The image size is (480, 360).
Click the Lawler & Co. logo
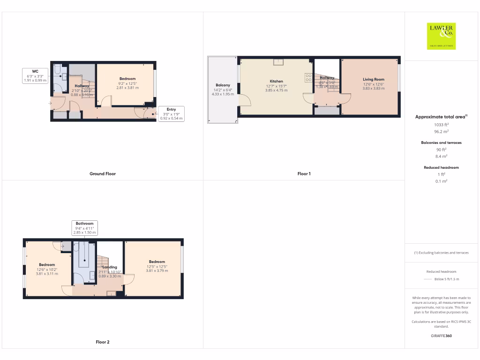[x=442, y=36]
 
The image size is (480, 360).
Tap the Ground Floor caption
[x=102, y=174]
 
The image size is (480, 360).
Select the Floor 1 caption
[x=304, y=174]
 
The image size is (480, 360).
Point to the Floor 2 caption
[x=102, y=342]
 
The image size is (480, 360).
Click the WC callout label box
[x=35, y=76]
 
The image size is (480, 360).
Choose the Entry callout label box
[x=171, y=114]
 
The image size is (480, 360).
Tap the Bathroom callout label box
[x=84, y=228]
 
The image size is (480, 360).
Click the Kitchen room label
[x=277, y=82]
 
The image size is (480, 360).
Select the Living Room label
[x=373, y=80]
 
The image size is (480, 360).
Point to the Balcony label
[x=223, y=85]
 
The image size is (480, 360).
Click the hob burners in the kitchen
[x=308, y=77]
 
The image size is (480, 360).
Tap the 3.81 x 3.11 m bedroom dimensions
[x=47, y=274]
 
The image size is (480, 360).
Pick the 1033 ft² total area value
[x=441, y=125]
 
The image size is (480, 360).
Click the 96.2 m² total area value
[x=441, y=132]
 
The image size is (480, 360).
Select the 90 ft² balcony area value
[x=441, y=150]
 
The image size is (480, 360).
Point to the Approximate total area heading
[x=440, y=117]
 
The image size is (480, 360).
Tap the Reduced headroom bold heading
[x=441, y=167]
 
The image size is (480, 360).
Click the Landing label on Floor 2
[x=110, y=267]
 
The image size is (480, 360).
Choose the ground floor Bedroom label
[x=127, y=79]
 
